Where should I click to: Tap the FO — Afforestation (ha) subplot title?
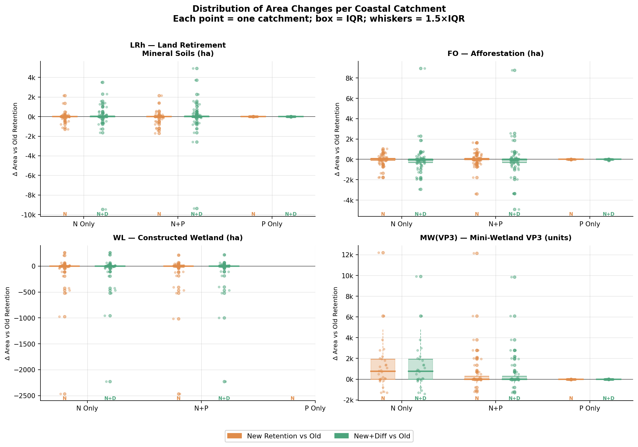pyautogui.click(x=495, y=53)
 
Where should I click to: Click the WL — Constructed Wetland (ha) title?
pyautogui.click(x=178, y=238)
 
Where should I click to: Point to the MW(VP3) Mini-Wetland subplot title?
pyautogui.click(x=495, y=238)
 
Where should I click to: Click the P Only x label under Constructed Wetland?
pyautogui.click(x=315, y=408)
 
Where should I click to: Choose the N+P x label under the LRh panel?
pyautogui.click(x=178, y=224)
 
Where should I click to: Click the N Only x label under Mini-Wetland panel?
pyautogui.click(x=401, y=408)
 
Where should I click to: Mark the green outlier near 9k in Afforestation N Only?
pyautogui.click(x=421, y=68)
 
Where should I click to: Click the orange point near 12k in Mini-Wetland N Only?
pyautogui.click(x=383, y=253)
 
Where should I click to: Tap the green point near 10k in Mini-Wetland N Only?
pyautogui.click(x=421, y=276)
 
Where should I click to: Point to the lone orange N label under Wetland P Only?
pyautogui.click(x=292, y=398)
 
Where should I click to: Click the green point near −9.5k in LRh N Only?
pyautogui.click(x=103, y=209)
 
